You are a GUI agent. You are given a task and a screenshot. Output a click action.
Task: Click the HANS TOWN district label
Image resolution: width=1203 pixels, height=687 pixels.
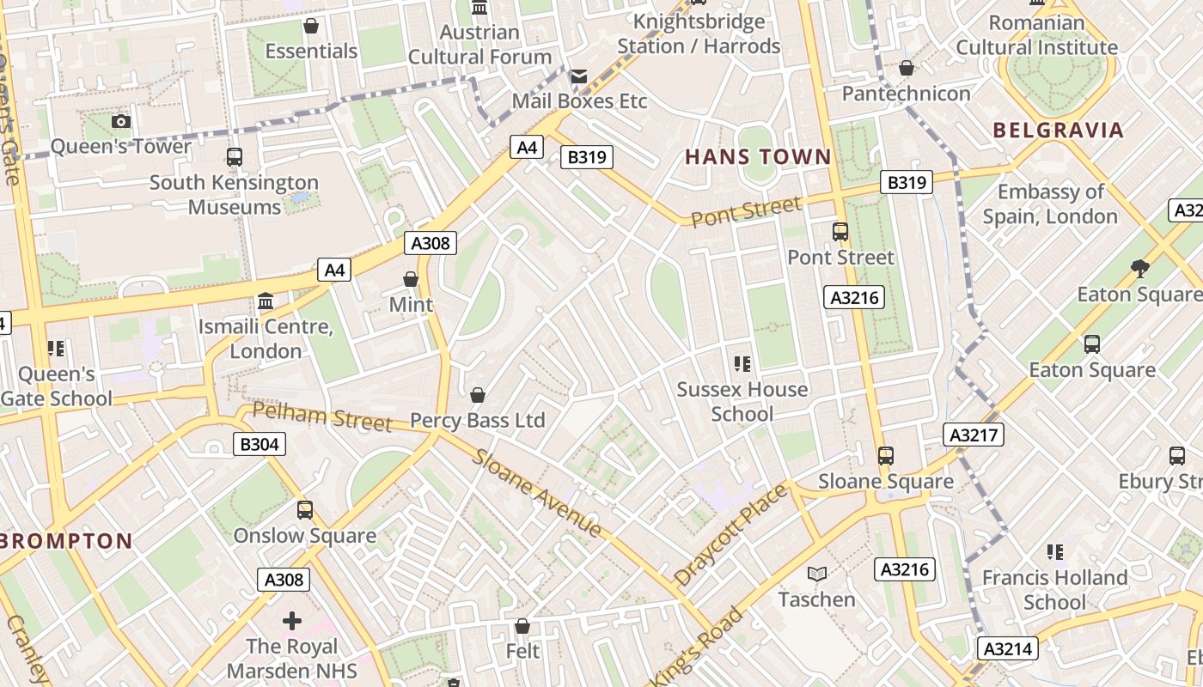tap(758, 157)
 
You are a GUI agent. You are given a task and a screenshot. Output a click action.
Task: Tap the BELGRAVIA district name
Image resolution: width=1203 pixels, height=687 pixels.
tap(1058, 131)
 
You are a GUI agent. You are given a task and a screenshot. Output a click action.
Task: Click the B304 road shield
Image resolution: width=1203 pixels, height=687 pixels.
tap(259, 444)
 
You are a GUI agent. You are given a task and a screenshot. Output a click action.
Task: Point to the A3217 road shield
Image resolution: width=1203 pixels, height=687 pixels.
tap(974, 435)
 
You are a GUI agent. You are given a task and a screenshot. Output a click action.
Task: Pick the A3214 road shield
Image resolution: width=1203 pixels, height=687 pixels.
tap(1008, 648)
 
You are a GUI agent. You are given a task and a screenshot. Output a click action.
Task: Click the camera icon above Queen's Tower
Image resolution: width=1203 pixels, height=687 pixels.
tap(121, 121)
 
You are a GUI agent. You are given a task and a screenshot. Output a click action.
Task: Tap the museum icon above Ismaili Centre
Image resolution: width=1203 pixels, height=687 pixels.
tap(266, 301)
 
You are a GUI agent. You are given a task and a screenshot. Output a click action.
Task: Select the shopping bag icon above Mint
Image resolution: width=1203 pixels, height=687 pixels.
tap(411, 279)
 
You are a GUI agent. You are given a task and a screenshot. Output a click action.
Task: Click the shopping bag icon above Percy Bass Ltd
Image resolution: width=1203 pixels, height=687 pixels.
tap(478, 395)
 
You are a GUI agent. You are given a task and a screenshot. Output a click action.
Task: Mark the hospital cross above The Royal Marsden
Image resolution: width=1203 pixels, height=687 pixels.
tap(292, 620)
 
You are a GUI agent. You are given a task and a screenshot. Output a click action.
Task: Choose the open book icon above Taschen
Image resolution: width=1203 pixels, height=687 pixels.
tap(816, 574)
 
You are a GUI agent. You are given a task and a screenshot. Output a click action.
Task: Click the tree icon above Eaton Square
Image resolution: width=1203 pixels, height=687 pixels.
tap(1140, 269)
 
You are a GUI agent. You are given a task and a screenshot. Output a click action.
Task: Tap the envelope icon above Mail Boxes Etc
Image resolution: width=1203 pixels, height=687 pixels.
tap(579, 76)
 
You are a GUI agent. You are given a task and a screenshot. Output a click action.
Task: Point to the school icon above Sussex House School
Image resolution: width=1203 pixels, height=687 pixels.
tap(742, 363)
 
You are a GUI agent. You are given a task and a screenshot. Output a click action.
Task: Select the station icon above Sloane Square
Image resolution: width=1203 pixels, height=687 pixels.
tap(885, 455)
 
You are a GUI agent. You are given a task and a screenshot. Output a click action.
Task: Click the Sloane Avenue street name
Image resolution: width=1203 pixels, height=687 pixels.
tap(536, 493)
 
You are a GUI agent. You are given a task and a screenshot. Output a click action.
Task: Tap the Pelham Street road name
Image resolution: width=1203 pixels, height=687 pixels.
tap(322, 416)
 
